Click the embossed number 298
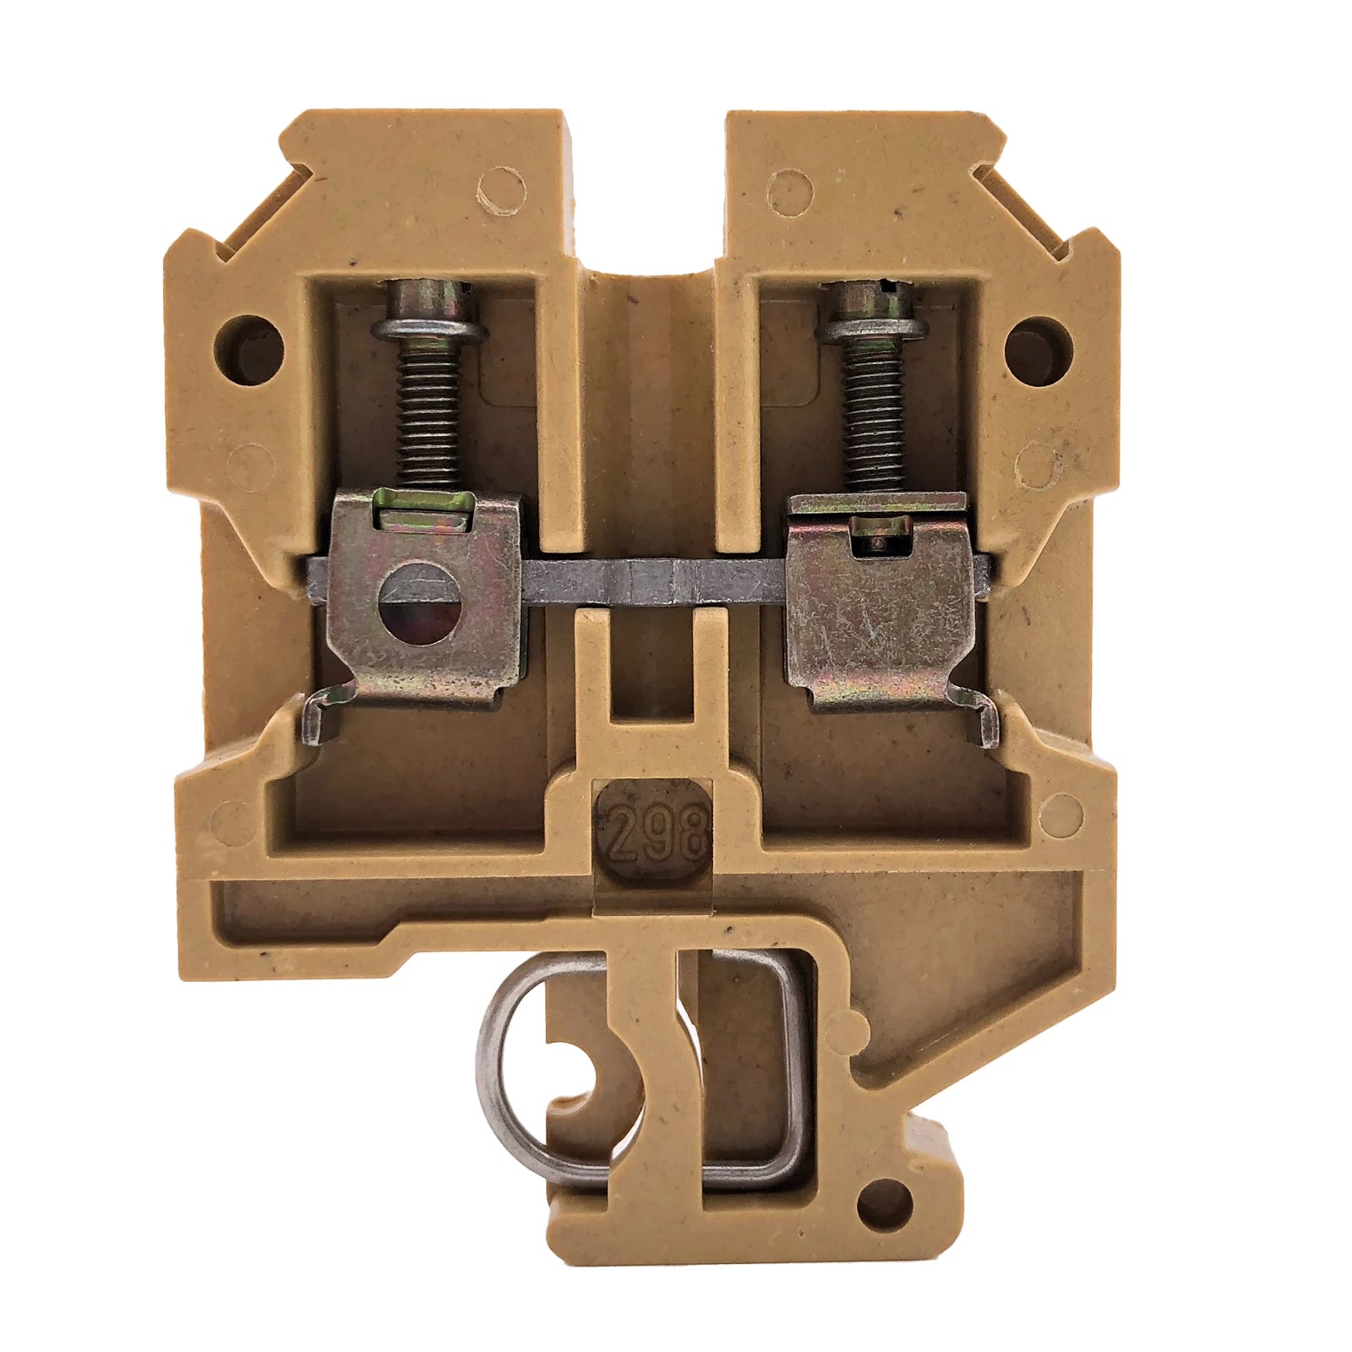(x=656, y=831)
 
